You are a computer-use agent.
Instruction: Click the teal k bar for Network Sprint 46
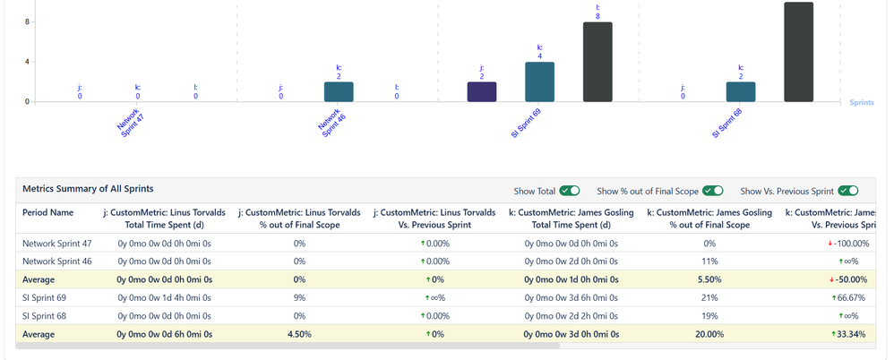tap(339, 91)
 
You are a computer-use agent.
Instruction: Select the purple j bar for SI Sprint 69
tap(482, 91)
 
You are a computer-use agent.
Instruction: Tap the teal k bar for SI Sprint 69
tap(539, 81)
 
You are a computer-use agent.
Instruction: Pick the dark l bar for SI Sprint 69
tap(597, 62)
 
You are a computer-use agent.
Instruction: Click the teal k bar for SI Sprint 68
tap(741, 91)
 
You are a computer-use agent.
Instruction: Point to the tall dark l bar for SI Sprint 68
tap(798, 52)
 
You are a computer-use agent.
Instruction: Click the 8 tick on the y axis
tap(27, 22)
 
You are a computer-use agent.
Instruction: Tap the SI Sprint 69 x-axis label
tap(526, 123)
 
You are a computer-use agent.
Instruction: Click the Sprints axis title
tap(864, 103)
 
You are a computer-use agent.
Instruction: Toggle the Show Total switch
tap(570, 191)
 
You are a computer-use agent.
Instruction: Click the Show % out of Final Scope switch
tap(713, 191)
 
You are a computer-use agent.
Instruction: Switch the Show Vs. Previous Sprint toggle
tap(848, 191)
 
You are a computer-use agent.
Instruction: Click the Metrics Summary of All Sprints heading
tap(88, 189)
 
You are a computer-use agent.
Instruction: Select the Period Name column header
tap(47, 212)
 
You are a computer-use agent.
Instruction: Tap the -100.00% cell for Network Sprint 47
tap(843, 244)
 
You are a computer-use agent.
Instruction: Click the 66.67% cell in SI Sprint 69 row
tap(844, 297)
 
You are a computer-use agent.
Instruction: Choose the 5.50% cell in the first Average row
tap(709, 279)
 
